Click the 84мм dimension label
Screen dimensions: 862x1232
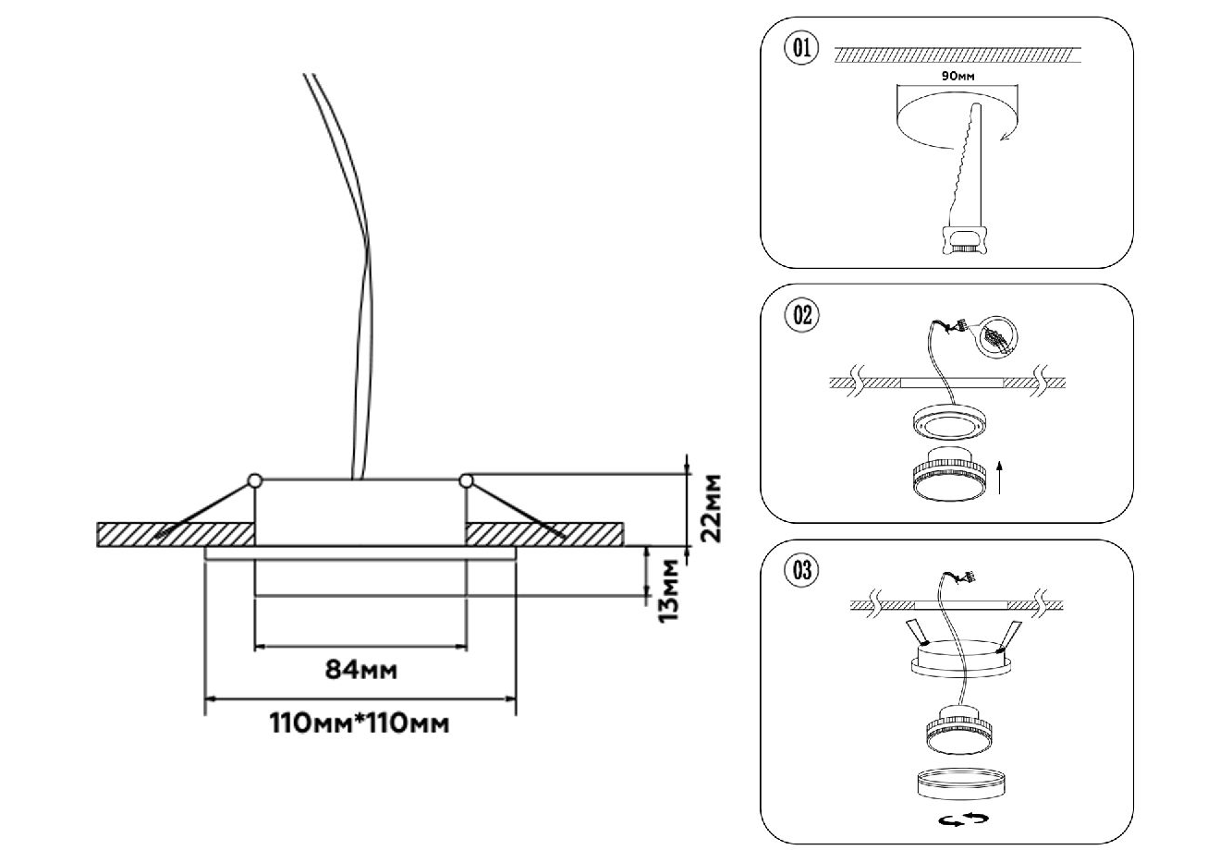click(x=361, y=670)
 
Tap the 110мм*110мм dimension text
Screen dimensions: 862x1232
click(x=360, y=722)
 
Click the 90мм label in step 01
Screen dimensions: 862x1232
click(x=957, y=77)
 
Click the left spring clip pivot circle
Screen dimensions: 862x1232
click(x=254, y=480)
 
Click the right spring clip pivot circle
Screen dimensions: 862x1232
click(x=467, y=480)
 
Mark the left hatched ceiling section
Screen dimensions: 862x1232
click(x=176, y=535)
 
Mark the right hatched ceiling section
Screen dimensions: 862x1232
click(x=543, y=535)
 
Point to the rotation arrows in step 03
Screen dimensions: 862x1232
click(x=962, y=819)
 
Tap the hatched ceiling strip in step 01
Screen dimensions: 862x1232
click(x=957, y=56)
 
